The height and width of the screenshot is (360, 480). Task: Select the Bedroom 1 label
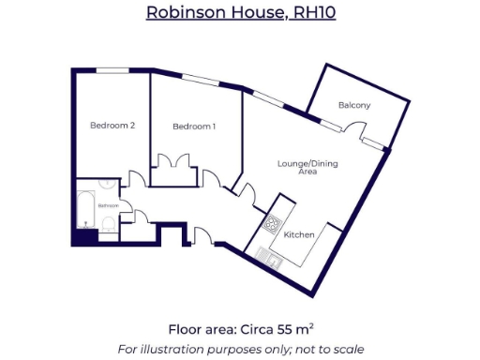click(194, 126)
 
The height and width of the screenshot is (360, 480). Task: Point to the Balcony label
click(354, 105)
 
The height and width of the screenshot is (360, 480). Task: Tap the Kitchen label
click(299, 233)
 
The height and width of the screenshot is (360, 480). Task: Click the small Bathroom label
click(109, 204)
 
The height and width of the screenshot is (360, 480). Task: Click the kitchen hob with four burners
click(274, 224)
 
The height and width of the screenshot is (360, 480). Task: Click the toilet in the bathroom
click(110, 224)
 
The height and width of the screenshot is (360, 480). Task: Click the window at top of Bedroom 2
click(113, 69)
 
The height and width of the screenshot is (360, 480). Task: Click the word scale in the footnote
click(348, 349)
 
